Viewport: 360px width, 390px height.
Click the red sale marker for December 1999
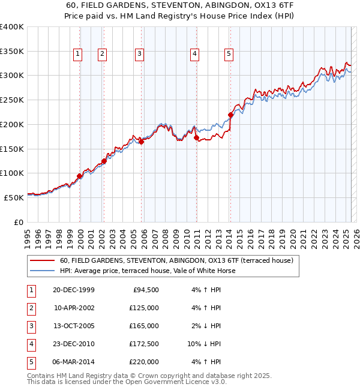[80, 176]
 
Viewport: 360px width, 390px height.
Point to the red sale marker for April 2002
[104, 161]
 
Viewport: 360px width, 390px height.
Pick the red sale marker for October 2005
[142, 142]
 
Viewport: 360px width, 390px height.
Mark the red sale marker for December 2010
[197, 138]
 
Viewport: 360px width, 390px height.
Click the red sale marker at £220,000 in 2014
[230, 115]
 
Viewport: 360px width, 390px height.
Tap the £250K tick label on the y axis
[12, 100]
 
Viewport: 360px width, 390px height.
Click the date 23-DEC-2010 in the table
[73, 344]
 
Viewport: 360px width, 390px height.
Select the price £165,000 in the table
[144, 326]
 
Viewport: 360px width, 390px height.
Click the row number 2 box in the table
[31, 308]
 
